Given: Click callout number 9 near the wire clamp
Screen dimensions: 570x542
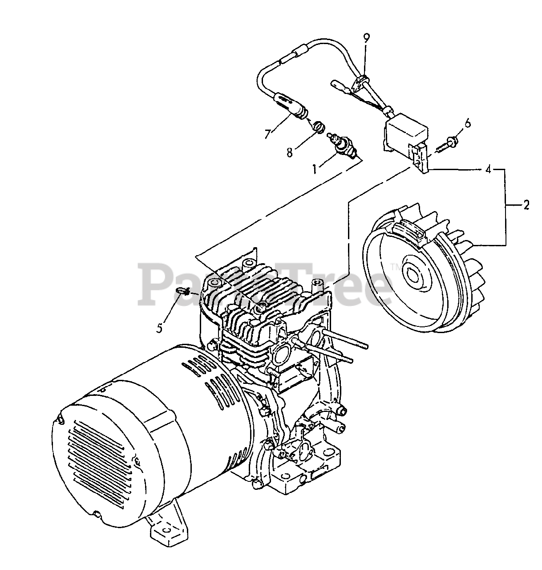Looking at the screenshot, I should [366, 38].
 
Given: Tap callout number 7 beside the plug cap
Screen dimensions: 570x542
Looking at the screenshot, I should [267, 133].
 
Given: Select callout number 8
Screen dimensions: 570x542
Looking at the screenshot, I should [289, 152].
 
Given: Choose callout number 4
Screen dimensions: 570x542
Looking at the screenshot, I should [489, 169].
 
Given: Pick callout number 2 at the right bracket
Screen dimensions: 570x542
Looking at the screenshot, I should [526, 205].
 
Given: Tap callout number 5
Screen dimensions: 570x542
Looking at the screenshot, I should [160, 328].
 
